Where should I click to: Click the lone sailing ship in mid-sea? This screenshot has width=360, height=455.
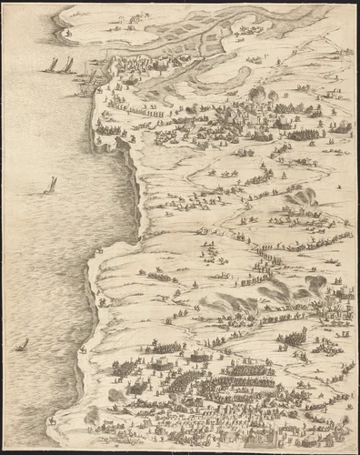[x=50, y=185]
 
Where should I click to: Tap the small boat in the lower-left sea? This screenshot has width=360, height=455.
[x=21, y=345]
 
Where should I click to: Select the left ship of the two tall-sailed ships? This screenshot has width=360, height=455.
[x=52, y=66]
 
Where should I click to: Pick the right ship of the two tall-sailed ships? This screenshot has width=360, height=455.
[x=67, y=65]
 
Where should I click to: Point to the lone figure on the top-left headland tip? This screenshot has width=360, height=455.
[x=66, y=32]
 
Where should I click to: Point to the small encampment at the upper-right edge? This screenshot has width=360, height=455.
[x=342, y=127]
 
